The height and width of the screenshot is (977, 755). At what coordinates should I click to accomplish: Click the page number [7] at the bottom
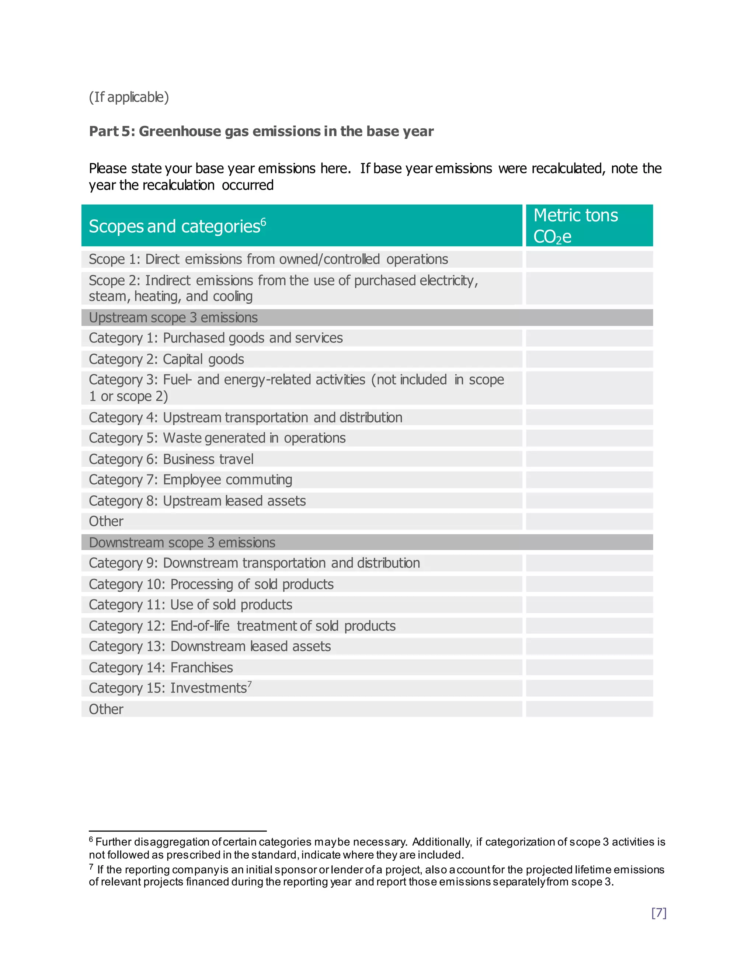(x=658, y=913)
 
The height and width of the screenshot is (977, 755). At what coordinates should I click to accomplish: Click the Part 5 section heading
(x=261, y=132)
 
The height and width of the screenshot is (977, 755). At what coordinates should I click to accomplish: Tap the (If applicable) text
(x=129, y=97)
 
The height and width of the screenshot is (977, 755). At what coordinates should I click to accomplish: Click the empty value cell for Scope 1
(x=589, y=260)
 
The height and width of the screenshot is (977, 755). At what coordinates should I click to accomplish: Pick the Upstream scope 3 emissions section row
(x=174, y=317)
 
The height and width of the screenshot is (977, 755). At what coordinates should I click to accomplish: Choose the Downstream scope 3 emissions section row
(x=182, y=543)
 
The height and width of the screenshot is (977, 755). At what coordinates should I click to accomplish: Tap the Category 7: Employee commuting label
(x=191, y=480)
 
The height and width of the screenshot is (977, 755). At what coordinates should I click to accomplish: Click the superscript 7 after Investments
(x=250, y=684)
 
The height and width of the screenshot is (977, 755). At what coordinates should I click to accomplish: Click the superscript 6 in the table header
(x=264, y=222)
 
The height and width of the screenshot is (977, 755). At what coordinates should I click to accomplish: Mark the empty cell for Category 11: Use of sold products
(x=589, y=605)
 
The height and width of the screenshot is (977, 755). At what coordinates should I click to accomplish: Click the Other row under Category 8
(x=107, y=522)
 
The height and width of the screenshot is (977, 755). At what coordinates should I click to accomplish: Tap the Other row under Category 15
(x=107, y=709)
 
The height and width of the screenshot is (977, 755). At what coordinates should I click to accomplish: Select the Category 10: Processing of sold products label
(x=211, y=585)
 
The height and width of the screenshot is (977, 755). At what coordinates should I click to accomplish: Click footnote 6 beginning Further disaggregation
(x=377, y=849)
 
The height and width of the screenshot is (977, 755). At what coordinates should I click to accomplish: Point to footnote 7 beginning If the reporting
(x=377, y=876)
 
